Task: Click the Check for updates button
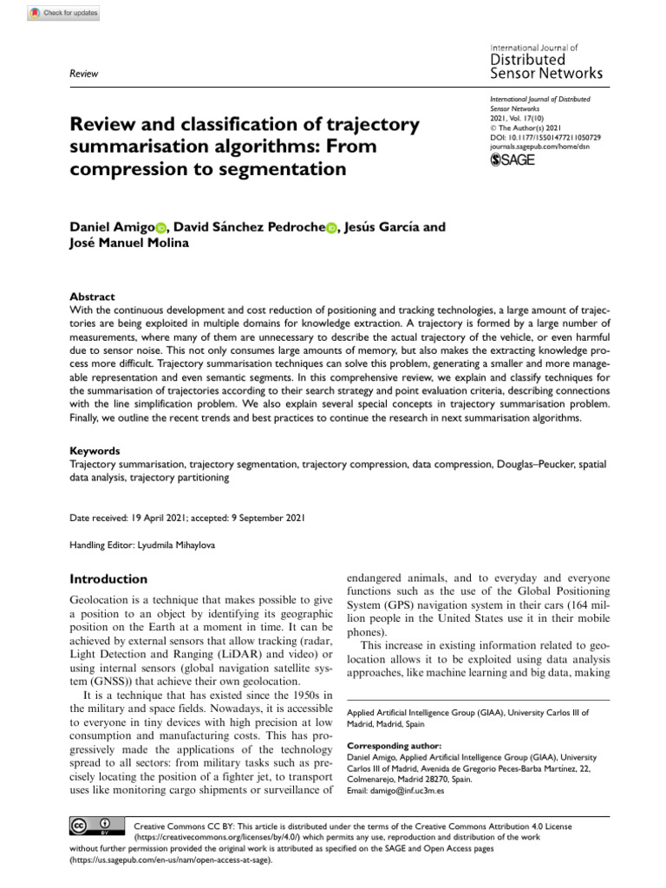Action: tap(63, 13)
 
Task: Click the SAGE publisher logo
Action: tap(513, 160)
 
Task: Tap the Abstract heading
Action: tap(93, 296)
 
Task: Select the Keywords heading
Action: tap(95, 451)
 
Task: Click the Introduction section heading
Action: tap(108, 578)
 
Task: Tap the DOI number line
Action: tap(545, 138)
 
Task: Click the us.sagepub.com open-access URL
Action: tap(171, 861)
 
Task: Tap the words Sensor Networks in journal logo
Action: tap(546, 74)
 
